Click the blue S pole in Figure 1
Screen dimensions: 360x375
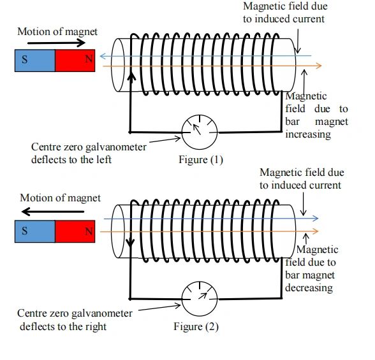pyautogui.click(x=34, y=61)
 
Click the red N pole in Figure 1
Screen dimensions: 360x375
pyautogui.click(x=75, y=61)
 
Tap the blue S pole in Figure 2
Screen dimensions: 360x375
pyautogui.click(x=34, y=231)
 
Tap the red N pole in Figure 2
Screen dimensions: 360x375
pyautogui.click(x=75, y=231)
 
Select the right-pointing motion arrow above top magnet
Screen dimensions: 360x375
pyautogui.click(x=57, y=44)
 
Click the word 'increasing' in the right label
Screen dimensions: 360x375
pyautogui.click(x=308, y=134)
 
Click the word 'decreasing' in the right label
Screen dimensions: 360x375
pyautogui.click(x=309, y=288)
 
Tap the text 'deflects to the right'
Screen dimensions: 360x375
pyautogui.click(x=62, y=326)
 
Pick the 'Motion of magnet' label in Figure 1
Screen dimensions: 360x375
pyautogui.click(x=57, y=31)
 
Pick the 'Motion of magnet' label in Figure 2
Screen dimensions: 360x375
pyautogui.click(x=60, y=198)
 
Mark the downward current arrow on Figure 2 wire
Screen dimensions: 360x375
pyautogui.click(x=131, y=245)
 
